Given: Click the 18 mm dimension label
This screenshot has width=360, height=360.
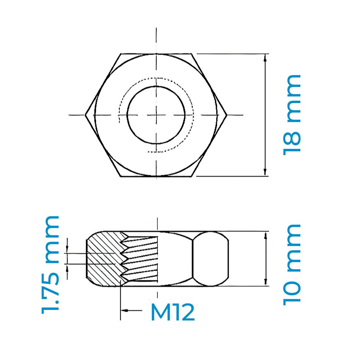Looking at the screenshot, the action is pyautogui.click(x=292, y=115).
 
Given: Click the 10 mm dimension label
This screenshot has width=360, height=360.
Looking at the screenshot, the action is pyautogui.click(x=292, y=265).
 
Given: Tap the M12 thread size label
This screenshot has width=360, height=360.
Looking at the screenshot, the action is pyautogui.click(x=173, y=312).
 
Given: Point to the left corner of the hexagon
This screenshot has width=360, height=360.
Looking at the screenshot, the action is pyautogui.click(x=85, y=115).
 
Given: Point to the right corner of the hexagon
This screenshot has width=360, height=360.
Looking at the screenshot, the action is pyautogui.click(x=227, y=115).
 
